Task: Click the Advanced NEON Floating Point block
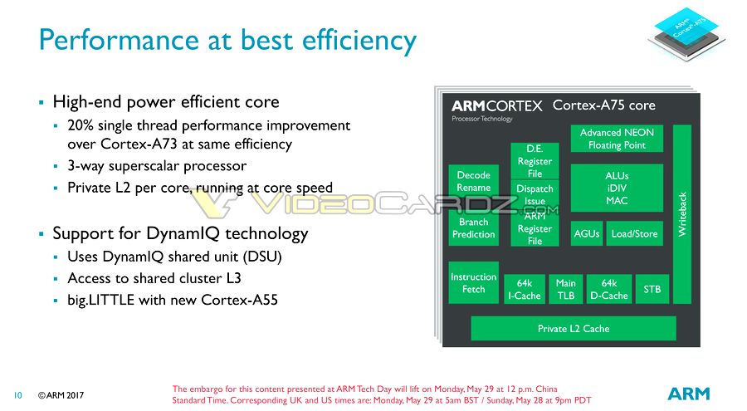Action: [617, 139]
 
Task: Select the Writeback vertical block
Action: [681, 214]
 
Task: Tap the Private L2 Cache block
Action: [573, 328]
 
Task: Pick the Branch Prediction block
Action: [474, 228]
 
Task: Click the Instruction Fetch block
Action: [474, 283]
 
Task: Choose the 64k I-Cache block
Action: [524, 289]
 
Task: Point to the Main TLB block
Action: [565, 289]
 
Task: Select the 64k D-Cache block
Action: [609, 289]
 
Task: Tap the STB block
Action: [652, 289]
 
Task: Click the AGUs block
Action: [587, 233]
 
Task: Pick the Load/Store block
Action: [634, 233]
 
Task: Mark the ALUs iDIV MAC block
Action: [617, 188]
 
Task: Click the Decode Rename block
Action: [474, 181]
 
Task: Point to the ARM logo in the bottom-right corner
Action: [689, 394]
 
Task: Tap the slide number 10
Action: [17, 395]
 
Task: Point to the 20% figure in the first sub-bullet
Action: [81, 125]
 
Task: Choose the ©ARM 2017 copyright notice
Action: [61, 395]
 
